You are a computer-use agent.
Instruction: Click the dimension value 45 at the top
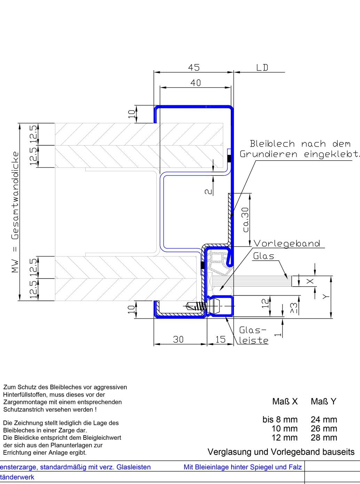coord(194,67)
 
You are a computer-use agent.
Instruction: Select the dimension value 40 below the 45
coord(196,83)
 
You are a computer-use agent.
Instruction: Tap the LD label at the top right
coord(262,68)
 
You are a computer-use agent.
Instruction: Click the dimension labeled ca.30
coord(246,220)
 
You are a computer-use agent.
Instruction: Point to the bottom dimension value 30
coord(178,339)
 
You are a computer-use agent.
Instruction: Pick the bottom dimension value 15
coord(220,339)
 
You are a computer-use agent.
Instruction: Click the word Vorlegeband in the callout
coord(287,243)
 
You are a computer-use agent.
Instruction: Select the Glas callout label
coord(264,256)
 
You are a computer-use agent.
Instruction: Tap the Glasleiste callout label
coord(253,335)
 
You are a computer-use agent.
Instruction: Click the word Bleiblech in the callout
coord(272,144)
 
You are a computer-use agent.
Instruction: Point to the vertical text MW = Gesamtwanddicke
coord(15,212)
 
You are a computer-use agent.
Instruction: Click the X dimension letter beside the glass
coord(310,281)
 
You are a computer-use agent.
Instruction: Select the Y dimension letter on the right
coord(325,297)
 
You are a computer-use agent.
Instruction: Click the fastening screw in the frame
coord(196,306)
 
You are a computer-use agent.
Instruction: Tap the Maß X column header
coord(285,401)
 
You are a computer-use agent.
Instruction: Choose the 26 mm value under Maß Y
coord(324,429)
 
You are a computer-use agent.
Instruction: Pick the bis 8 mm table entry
coord(280,420)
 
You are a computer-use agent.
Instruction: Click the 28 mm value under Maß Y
coord(324,438)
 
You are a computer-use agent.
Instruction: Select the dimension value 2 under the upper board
coord(208,191)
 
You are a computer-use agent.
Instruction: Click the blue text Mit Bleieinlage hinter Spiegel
coord(242,467)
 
